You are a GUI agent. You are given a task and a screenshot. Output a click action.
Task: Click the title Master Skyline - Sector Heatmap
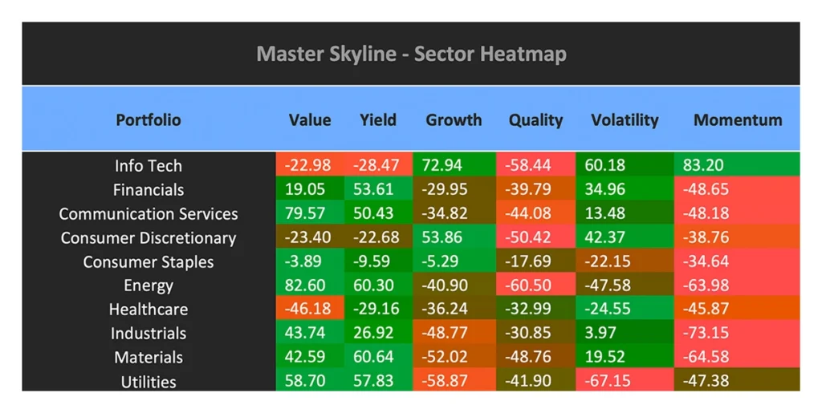pyautogui.click(x=411, y=55)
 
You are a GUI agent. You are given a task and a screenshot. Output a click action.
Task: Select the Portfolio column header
pyautogui.click(x=149, y=120)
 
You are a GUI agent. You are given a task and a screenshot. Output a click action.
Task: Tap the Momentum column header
pyautogui.click(x=737, y=120)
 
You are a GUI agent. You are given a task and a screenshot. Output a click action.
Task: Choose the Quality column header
pyautogui.click(x=535, y=120)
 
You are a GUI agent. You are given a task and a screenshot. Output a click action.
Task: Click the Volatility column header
pyautogui.click(x=624, y=120)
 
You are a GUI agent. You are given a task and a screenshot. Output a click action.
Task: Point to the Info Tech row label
pyautogui.click(x=149, y=166)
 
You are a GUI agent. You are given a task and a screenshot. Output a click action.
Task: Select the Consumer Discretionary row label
pyautogui.click(x=149, y=238)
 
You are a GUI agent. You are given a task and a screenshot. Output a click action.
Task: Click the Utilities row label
pyautogui.click(x=149, y=382)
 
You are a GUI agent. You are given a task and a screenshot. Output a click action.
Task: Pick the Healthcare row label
pyautogui.click(x=149, y=310)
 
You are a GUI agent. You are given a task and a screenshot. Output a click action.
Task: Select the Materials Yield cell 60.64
pyautogui.click(x=378, y=358)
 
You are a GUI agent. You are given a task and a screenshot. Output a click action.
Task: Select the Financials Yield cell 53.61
pyautogui.click(x=378, y=190)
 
